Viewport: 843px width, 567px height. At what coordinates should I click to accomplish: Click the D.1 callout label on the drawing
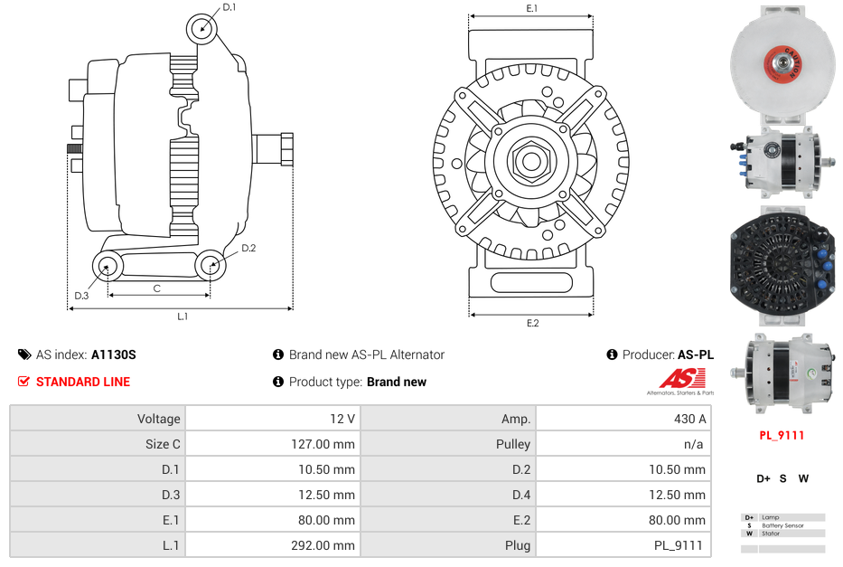229,7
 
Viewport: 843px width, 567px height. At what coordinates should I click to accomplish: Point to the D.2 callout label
248,248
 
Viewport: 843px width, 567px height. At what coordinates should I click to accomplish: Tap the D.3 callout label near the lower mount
81,296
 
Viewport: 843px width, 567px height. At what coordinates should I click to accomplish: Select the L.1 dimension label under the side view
183,317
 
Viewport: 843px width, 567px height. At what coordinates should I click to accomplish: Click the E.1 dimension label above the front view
531,8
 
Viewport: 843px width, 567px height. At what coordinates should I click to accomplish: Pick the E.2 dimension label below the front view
532,323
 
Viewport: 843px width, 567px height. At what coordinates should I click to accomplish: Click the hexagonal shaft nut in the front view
531,160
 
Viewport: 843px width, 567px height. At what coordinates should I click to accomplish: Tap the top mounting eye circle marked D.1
201,29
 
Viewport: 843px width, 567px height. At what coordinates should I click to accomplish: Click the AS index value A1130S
114,354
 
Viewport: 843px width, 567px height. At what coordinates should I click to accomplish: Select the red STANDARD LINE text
83,382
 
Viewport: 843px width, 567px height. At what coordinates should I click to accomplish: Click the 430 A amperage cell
689,419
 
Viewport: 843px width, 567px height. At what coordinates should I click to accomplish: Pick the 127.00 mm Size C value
323,444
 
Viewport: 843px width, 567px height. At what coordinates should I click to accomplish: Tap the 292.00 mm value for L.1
323,545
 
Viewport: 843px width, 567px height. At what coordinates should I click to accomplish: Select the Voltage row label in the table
159,419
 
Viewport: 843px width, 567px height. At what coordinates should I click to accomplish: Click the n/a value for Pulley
694,444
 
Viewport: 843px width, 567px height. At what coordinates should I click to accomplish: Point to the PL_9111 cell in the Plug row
679,545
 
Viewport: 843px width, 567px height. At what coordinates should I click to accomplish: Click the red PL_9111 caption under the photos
782,435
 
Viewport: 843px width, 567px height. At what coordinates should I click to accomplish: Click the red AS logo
682,378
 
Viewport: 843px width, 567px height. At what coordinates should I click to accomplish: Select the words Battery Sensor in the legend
782,525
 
